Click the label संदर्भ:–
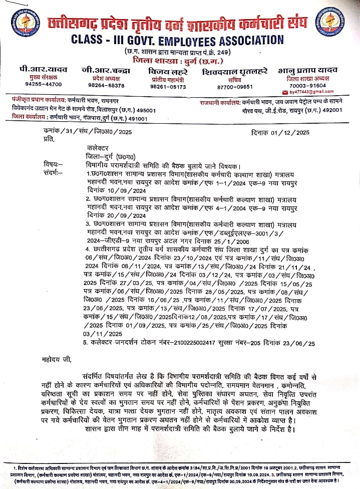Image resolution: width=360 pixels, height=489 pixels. pos(53,173)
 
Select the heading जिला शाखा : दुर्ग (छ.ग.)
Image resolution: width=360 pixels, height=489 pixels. pos(172,61)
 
